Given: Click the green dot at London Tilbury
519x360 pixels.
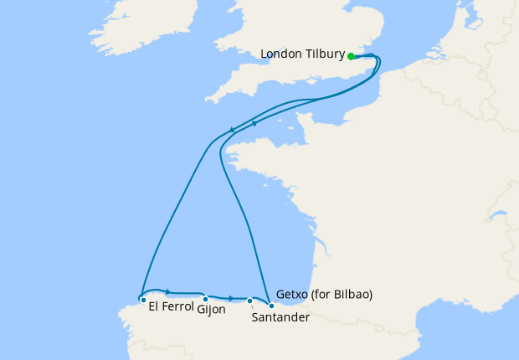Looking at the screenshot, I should (351, 56).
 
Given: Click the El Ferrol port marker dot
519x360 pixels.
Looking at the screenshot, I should (143, 300).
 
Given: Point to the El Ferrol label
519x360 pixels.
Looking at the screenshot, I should (171, 306).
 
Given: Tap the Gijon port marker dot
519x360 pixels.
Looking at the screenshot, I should (205, 299).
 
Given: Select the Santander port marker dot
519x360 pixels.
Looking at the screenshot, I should (249, 301).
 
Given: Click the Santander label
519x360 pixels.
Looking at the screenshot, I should (280, 318).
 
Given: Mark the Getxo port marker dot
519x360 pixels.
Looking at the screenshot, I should (271, 306).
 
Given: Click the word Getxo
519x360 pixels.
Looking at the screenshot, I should (292, 295).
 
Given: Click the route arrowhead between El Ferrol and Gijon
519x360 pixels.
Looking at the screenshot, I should (169, 291).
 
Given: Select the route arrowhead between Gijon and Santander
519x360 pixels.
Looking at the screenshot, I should (231, 298).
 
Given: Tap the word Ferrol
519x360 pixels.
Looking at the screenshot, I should (180, 306).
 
